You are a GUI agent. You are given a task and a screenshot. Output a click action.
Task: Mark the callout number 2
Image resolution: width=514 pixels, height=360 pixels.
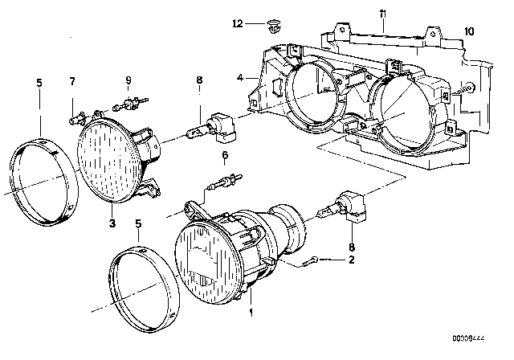point(349,260)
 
